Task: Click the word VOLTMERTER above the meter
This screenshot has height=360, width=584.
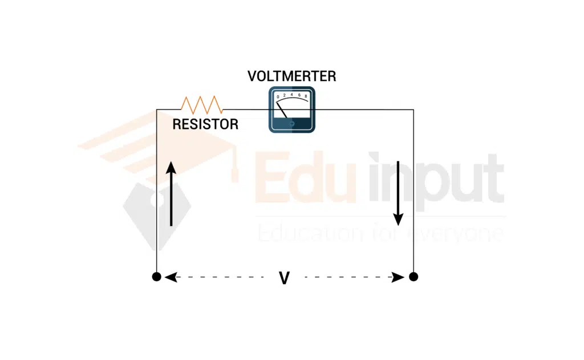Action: click(291, 76)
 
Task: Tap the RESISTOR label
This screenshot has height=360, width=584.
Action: click(205, 124)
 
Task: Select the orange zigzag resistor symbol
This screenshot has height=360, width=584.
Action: click(201, 104)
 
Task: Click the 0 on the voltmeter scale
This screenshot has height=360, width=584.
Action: click(278, 98)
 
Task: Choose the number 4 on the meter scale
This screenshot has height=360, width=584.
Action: click(291, 94)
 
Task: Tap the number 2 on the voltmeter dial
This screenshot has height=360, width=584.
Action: click(285, 95)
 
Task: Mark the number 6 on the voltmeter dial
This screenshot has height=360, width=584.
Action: click(299, 95)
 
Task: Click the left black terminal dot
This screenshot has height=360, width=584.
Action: click(156, 277)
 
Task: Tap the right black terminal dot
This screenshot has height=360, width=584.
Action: click(413, 277)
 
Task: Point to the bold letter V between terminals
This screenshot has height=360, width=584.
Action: click(284, 278)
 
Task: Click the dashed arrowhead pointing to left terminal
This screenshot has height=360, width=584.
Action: click(169, 277)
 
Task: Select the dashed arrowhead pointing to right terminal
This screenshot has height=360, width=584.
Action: click(400, 277)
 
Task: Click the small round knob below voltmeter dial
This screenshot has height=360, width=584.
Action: click(292, 123)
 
